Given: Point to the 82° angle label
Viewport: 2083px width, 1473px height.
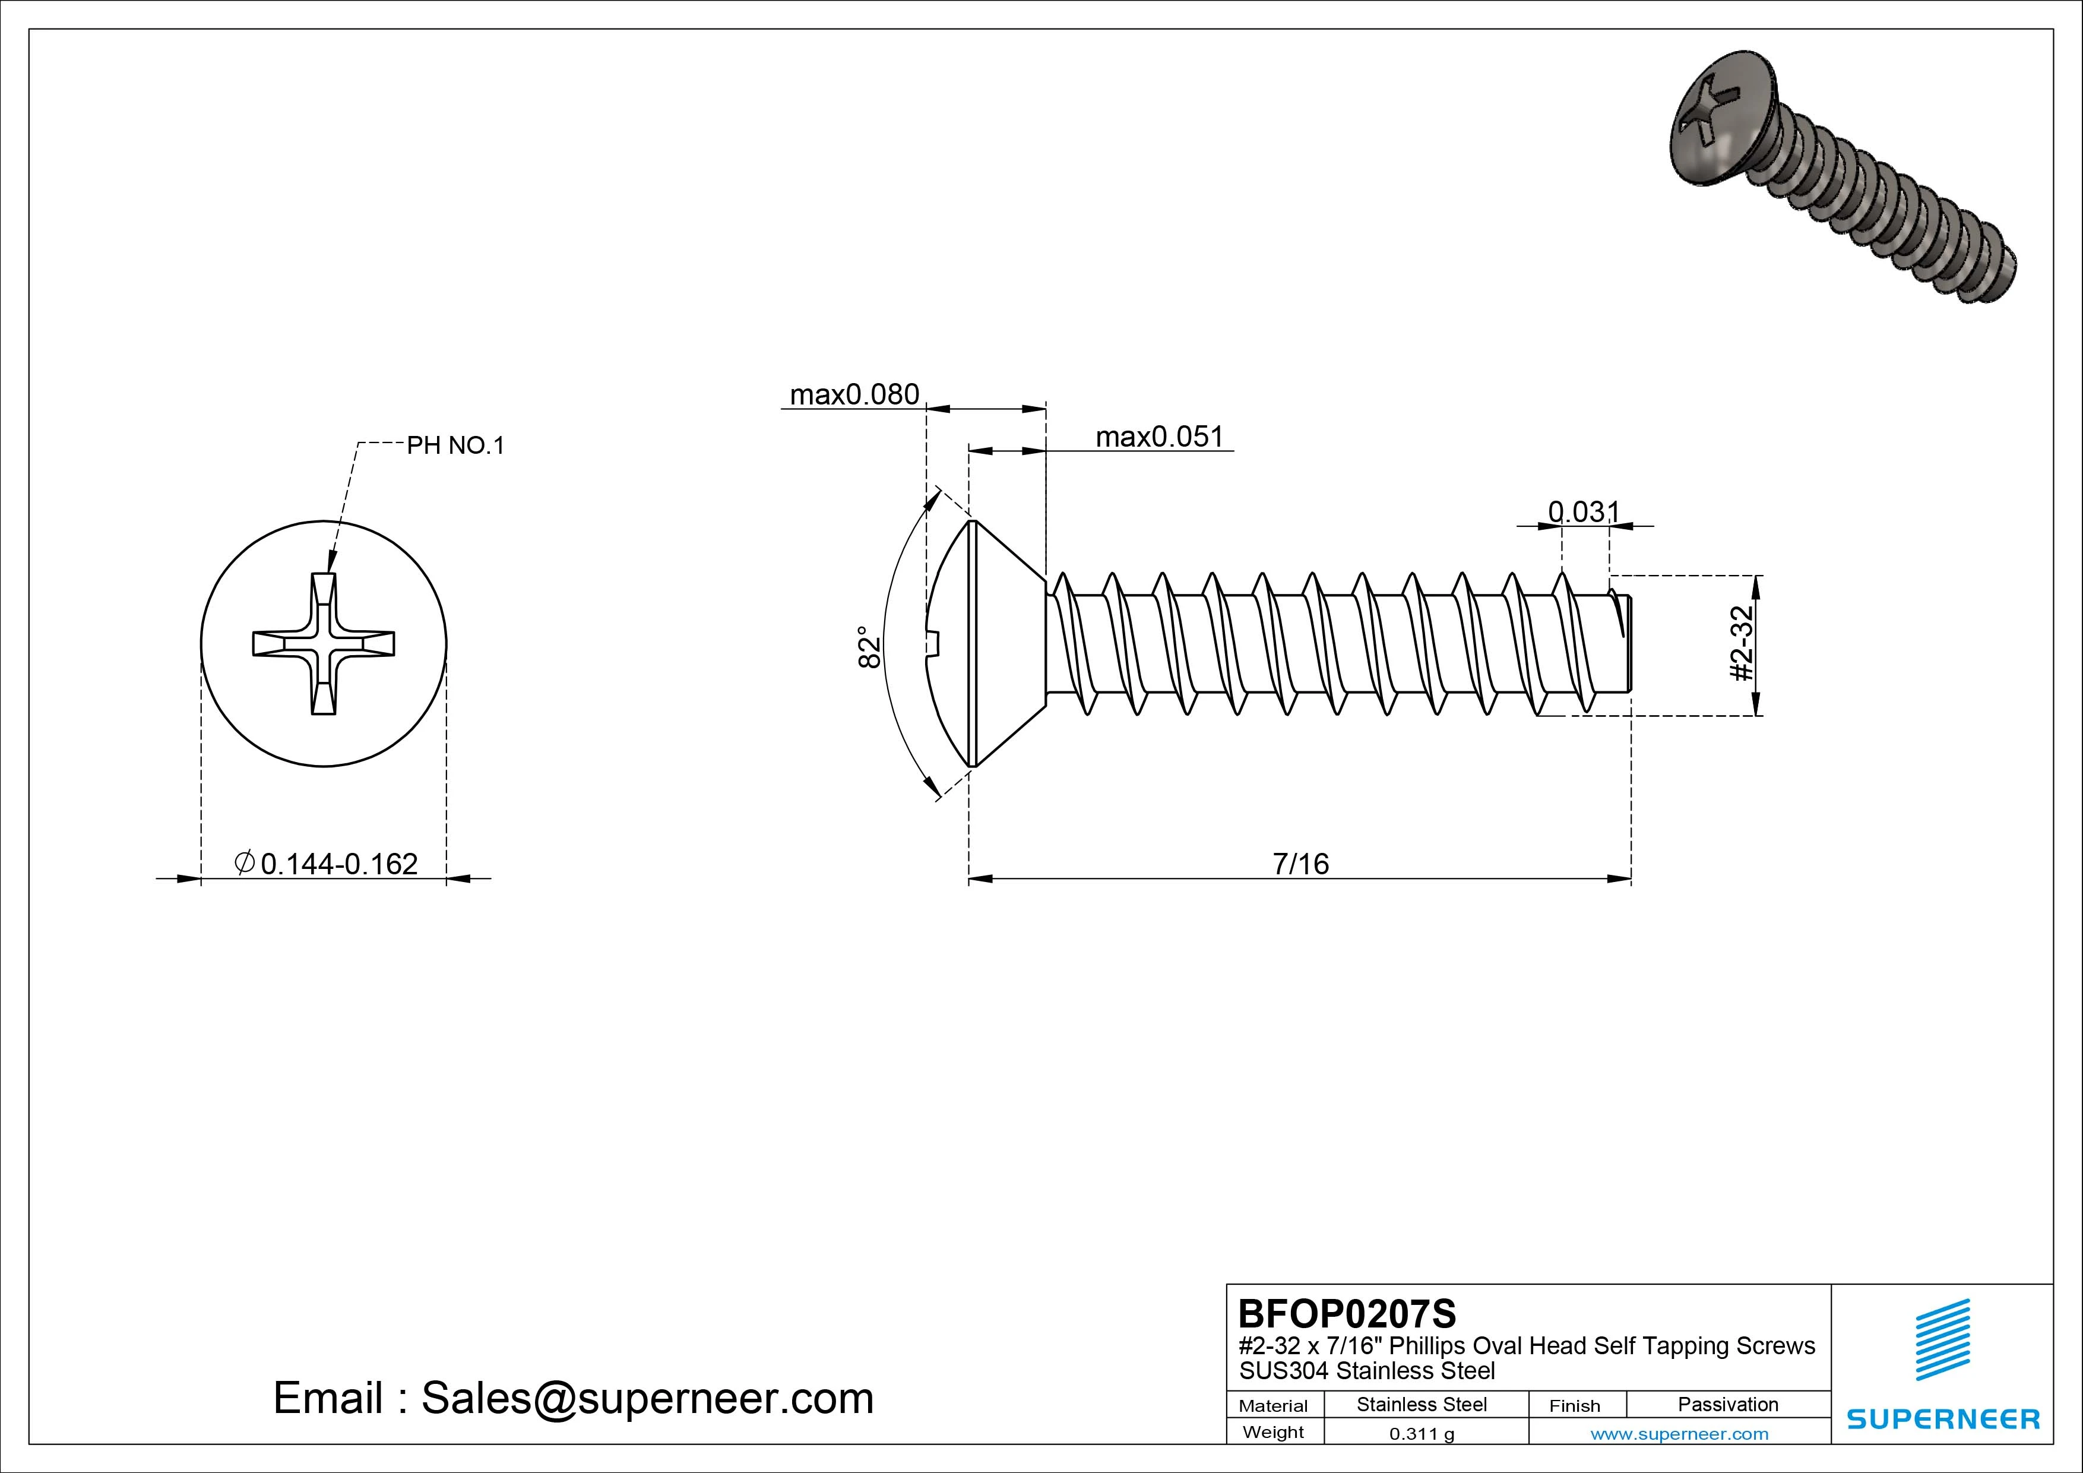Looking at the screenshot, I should click(869, 646).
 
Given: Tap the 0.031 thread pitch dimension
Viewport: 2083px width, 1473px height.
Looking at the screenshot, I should click(1583, 512).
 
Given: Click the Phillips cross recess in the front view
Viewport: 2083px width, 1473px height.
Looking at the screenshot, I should click(323, 643).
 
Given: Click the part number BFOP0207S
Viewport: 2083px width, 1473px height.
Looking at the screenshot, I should click(1346, 1313).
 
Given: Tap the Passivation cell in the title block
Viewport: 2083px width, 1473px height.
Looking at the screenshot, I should click(1727, 1404).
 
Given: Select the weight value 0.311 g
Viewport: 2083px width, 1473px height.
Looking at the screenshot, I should click(1422, 1434).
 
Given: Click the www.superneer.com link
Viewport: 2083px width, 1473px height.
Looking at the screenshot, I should click(1679, 1434).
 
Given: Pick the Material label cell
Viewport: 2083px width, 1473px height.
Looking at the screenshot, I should click(1273, 1405).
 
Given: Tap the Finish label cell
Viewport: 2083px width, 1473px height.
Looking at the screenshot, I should click(1574, 1405).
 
